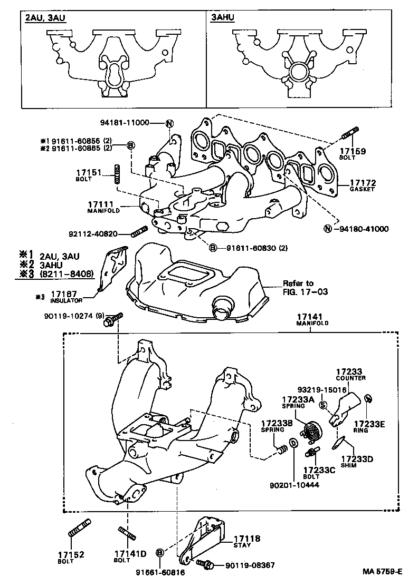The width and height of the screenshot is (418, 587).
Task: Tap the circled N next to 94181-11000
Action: [x=169, y=124]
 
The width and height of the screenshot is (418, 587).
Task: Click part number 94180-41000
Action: [x=363, y=229]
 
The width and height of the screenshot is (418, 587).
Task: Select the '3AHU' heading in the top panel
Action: [x=222, y=17]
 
